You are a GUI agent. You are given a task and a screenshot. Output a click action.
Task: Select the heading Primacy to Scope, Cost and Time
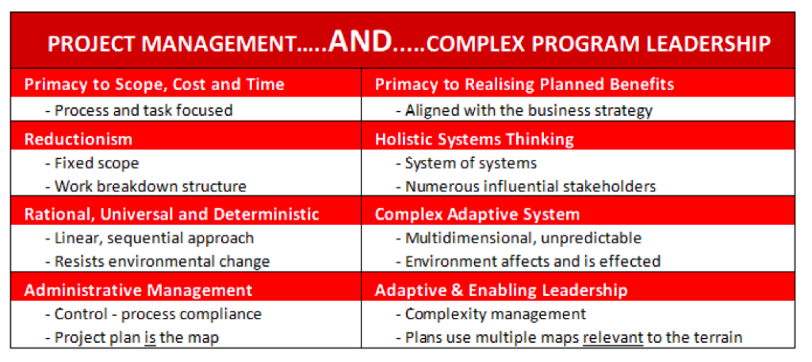pyautogui.click(x=155, y=84)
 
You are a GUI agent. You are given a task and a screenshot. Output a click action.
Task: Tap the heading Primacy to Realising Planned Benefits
pyautogui.click(x=524, y=84)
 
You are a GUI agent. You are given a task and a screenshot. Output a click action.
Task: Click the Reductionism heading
pyautogui.click(x=79, y=139)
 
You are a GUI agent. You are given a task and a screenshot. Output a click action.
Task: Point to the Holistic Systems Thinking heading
pyautogui.click(x=474, y=139)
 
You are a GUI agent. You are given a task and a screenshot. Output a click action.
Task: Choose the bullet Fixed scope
pyautogui.click(x=92, y=164)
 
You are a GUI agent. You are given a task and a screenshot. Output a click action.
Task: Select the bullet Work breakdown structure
pyautogui.click(x=146, y=187)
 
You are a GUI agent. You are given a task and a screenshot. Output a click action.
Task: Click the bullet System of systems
pyautogui.click(x=466, y=164)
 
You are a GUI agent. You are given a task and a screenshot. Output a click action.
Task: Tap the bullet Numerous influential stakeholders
pyautogui.click(x=526, y=187)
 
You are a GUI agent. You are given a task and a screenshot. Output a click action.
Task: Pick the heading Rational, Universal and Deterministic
pyautogui.click(x=171, y=214)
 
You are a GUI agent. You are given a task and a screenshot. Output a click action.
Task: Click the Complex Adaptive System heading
pyautogui.click(x=477, y=214)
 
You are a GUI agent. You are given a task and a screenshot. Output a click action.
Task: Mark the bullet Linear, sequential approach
pyautogui.click(x=149, y=238)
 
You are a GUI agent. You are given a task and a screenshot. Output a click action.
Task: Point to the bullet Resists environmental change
pyautogui.click(x=158, y=261)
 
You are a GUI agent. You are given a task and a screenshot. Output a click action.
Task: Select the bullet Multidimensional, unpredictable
pyautogui.click(x=519, y=238)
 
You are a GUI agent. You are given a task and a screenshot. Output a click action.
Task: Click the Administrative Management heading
pyautogui.click(x=138, y=290)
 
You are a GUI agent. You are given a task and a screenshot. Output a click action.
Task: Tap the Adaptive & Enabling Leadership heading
pyautogui.click(x=501, y=290)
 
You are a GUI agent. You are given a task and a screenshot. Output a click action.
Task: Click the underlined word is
pyautogui.click(x=150, y=337)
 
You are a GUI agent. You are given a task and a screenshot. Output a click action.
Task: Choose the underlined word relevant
pyautogui.click(x=613, y=337)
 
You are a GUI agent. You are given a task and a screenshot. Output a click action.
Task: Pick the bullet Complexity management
pyautogui.click(x=491, y=314)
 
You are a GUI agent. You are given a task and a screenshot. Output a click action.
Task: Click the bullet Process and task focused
pyautogui.click(x=138, y=110)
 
